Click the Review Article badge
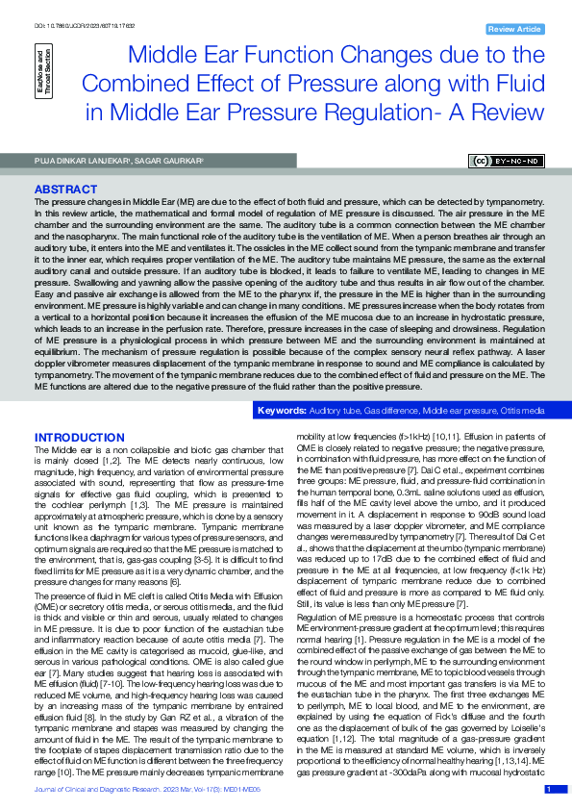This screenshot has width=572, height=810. coord(515,30)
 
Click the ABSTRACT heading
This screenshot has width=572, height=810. coord(64,190)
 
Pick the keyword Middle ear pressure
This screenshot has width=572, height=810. coord(459,411)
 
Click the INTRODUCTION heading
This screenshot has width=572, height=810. coord(79,438)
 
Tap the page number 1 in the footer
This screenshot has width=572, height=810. coord(549,789)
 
